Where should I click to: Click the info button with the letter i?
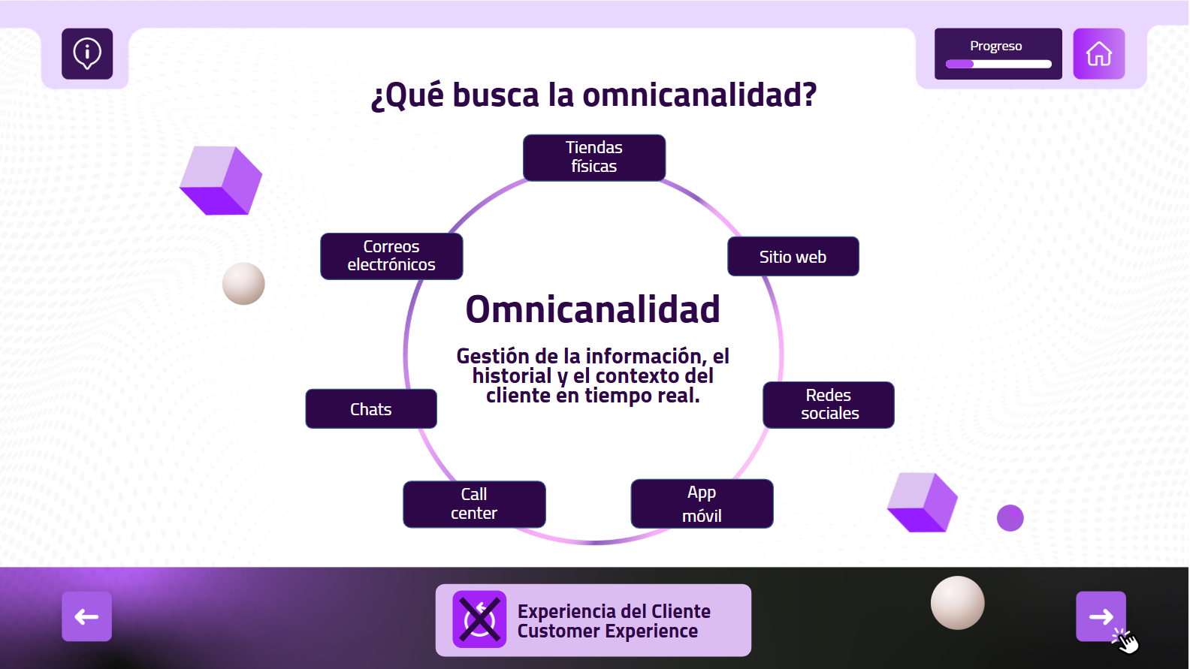click(87, 53)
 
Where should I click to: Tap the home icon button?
click(1098, 53)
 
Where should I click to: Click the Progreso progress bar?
click(998, 65)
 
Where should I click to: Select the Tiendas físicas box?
click(594, 158)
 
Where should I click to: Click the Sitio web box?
click(793, 257)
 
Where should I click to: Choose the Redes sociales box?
click(829, 405)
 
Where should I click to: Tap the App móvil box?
click(702, 504)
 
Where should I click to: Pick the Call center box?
click(474, 505)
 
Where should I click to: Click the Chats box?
click(371, 408)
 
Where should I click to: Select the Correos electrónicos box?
click(391, 256)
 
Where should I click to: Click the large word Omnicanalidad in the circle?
click(593, 309)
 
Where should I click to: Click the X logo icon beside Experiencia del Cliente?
click(479, 619)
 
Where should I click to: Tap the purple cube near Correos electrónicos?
click(221, 180)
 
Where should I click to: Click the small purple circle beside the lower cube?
click(1010, 517)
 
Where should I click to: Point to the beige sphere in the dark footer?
click(957, 603)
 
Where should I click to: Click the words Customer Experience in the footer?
click(608, 631)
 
